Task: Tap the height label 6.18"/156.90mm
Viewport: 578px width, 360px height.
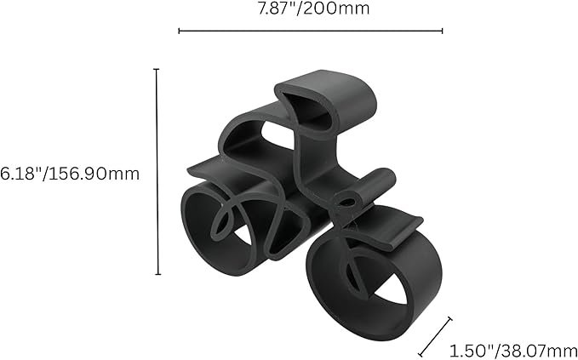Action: (x=70, y=173)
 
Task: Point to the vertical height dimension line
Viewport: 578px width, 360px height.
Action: (x=157, y=170)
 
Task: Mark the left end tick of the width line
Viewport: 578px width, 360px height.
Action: (x=179, y=31)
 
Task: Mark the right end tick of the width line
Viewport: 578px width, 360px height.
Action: (x=442, y=31)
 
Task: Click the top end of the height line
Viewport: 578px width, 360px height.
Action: (x=157, y=69)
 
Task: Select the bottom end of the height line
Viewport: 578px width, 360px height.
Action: (x=157, y=274)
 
